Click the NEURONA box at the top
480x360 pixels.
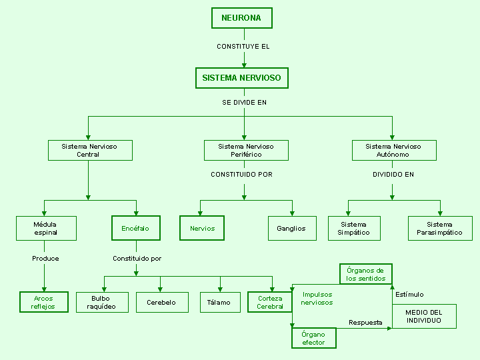click(x=242, y=18)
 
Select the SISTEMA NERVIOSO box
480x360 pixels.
click(x=242, y=78)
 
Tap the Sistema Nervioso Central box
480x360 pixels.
click(x=90, y=150)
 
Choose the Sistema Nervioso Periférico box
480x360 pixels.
click(x=246, y=150)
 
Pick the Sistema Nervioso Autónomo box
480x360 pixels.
click(x=394, y=150)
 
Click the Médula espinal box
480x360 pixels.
click(x=46, y=229)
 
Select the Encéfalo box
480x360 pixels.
click(x=136, y=228)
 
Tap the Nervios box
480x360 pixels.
click(x=202, y=228)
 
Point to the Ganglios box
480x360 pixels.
click(x=292, y=229)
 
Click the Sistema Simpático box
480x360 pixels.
click(x=354, y=229)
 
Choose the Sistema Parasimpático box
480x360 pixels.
click(x=440, y=229)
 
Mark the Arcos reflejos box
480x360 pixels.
click(x=44, y=302)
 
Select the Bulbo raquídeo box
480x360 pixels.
click(x=102, y=302)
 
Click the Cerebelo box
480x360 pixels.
click(x=162, y=302)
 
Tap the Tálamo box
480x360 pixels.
click(x=220, y=302)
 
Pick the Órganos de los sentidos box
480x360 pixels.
click(x=366, y=274)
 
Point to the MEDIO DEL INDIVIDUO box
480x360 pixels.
click(x=424, y=316)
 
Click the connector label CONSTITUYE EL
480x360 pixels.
click(x=243, y=47)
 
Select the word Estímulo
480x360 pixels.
click(x=409, y=295)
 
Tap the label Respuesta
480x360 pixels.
click(x=365, y=323)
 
